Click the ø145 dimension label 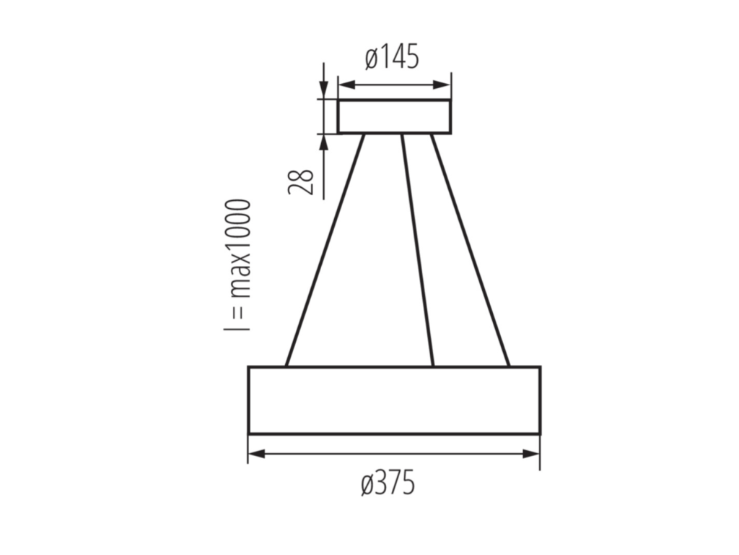(392, 57)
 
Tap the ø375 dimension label (388, 483)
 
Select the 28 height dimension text (301, 181)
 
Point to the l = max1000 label (237, 265)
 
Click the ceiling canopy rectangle (395, 116)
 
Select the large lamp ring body (395, 400)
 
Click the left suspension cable (325, 250)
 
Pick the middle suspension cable (417, 250)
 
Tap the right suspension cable (470, 250)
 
